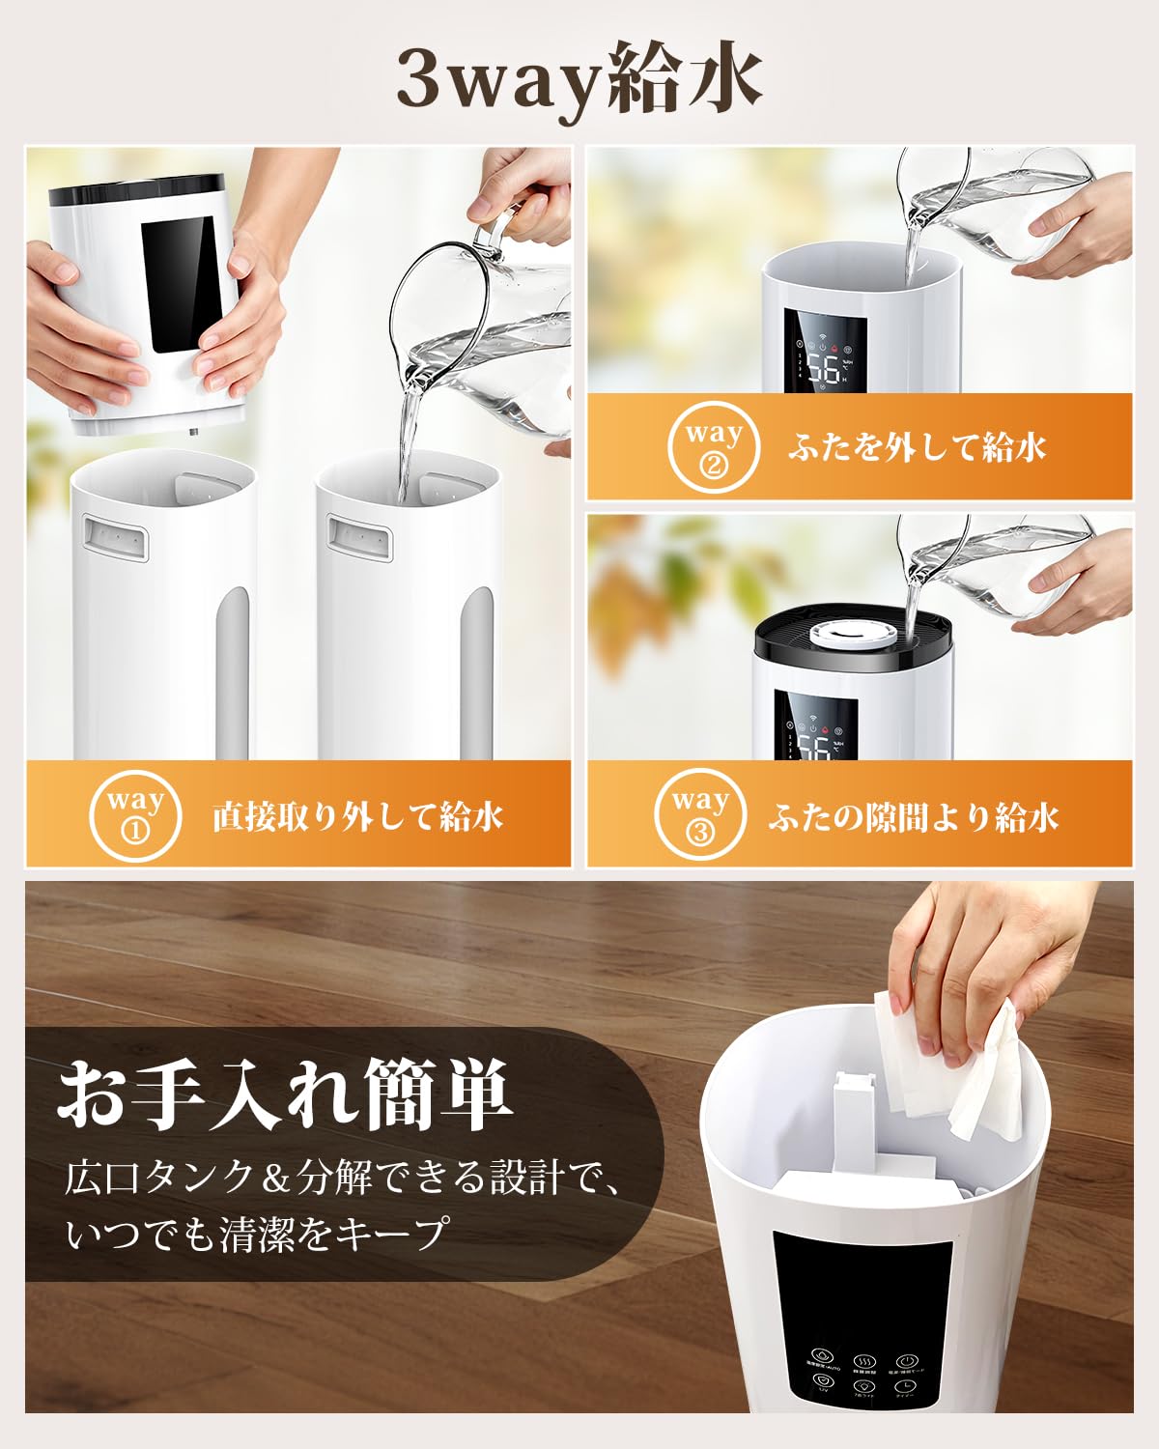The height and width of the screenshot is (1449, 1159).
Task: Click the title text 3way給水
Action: [x=579, y=84]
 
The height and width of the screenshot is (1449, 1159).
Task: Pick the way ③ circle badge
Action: [x=699, y=814]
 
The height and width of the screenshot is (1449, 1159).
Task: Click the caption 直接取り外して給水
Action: [x=358, y=817]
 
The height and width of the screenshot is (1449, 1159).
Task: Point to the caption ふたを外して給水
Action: [x=917, y=448]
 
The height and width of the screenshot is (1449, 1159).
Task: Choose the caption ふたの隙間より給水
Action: [x=914, y=817]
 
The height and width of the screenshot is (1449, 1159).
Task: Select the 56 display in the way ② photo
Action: [x=823, y=368]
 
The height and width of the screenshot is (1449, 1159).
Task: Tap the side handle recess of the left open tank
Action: [x=116, y=536]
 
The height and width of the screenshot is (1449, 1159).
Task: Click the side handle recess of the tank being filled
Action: [x=358, y=536]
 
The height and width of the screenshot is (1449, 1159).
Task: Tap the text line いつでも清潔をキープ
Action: [x=257, y=1235]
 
